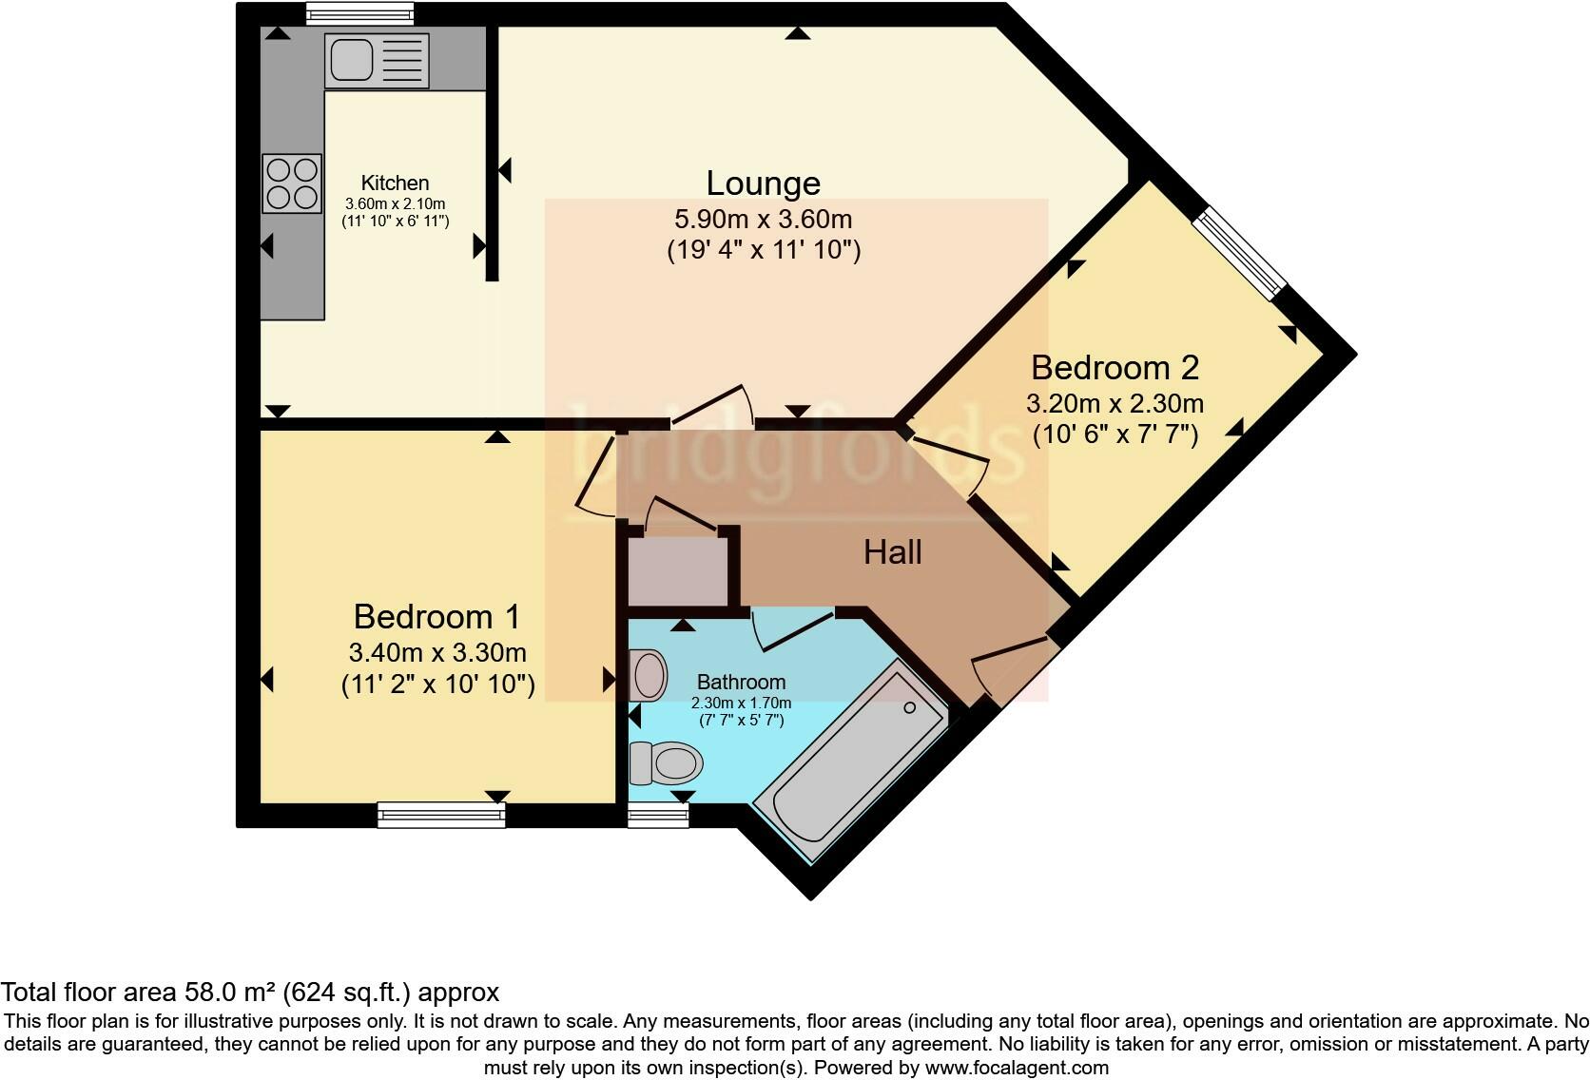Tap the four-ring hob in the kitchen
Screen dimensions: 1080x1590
click(292, 183)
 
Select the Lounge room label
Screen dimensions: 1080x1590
click(763, 183)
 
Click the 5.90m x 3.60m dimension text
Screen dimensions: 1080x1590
click(763, 220)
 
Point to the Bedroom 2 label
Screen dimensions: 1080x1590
click(1115, 367)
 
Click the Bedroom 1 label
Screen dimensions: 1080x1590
click(436, 617)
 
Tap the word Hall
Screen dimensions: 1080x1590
click(892, 552)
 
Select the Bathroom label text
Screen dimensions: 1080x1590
click(741, 682)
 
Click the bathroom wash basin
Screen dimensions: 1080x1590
click(650, 674)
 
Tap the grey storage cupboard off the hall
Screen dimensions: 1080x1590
click(677, 570)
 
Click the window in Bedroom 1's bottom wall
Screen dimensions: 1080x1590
click(441, 815)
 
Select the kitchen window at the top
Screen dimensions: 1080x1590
click(360, 13)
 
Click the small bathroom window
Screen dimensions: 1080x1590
click(658, 815)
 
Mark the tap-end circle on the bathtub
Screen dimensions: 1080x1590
click(909, 707)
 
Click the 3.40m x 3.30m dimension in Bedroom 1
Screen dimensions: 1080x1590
click(437, 653)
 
